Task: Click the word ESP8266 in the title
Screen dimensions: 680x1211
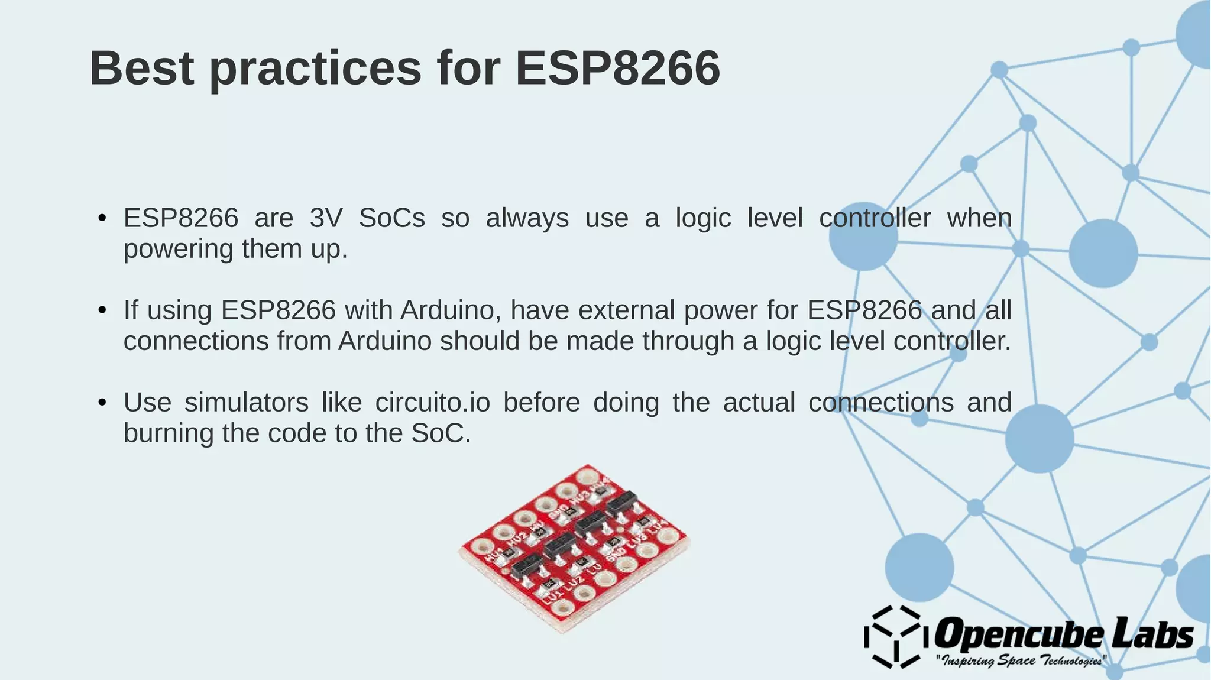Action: click(617, 69)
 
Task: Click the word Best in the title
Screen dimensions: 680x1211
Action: click(142, 69)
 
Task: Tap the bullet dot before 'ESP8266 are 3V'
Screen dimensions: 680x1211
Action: click(102, 218)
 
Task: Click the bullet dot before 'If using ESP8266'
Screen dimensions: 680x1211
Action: click(102, 310)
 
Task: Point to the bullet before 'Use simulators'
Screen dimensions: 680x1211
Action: click(102, 403)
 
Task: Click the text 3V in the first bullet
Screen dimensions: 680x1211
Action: click(326, 218)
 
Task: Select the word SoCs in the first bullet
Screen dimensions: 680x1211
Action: click(392, 218)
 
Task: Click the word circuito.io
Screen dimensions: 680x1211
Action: click(433, 403)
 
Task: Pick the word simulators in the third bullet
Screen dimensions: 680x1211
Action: click(246, 403)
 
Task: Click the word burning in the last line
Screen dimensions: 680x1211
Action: click(169, 433)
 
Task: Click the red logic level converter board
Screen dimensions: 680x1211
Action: click(574, 547)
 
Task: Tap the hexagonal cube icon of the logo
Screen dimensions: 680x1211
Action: click(893, 637)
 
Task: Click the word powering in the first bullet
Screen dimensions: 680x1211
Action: click(179, 250)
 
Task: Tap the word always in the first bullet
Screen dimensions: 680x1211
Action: click(527, 218)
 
